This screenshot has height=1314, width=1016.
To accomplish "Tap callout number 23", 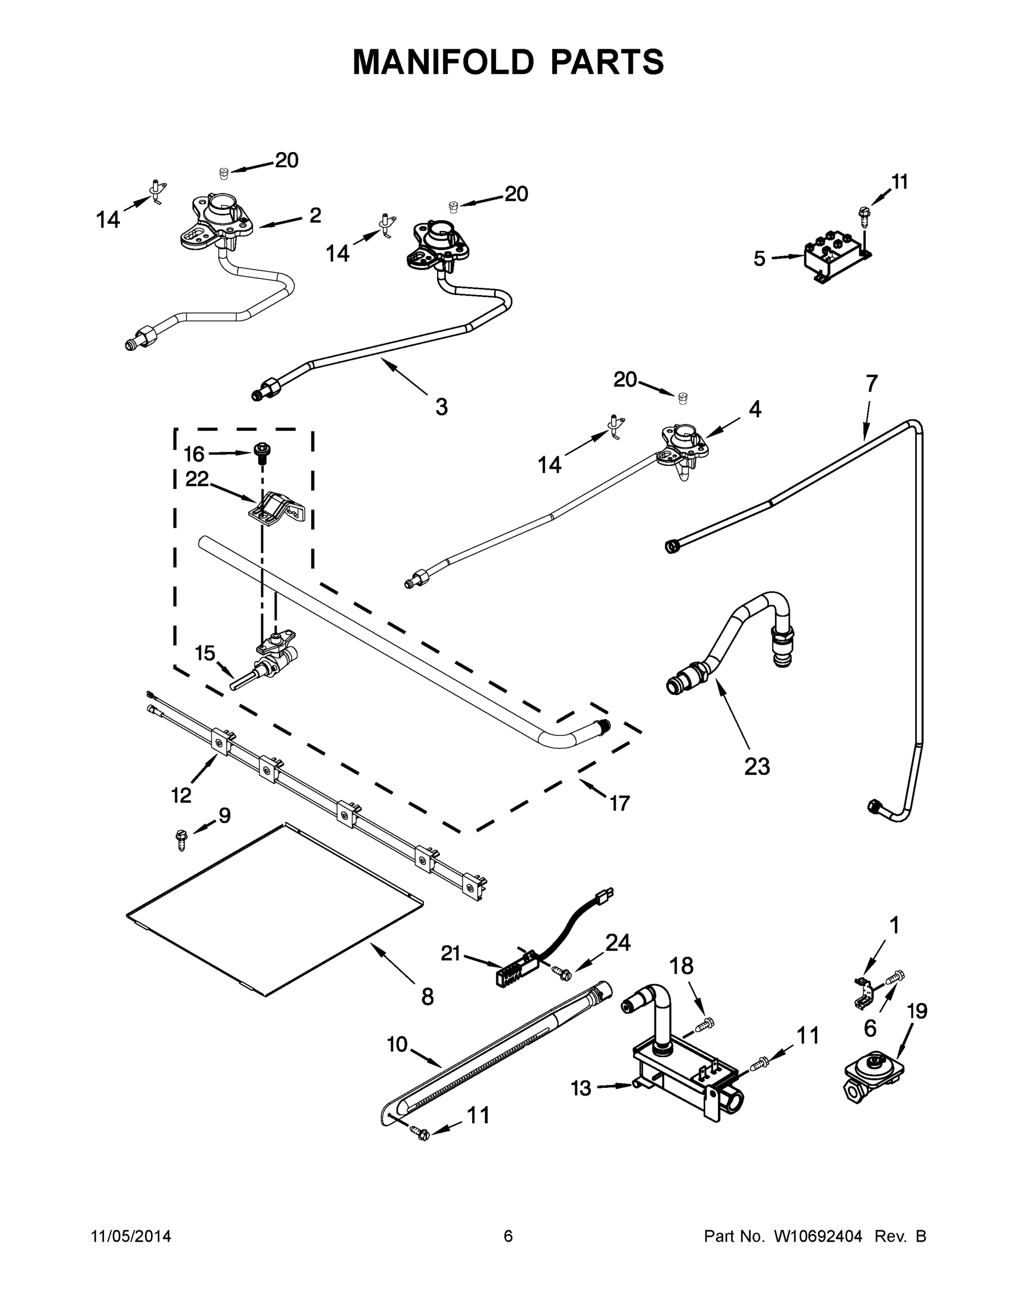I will pyautogui.click(x=756, y=766).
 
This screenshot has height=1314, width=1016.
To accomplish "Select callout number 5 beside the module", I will pyautogui.click(x=759, y=259).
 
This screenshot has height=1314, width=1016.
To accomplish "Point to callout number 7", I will pyautogui.click(x=871, y=383).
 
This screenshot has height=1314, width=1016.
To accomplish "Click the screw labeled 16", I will pyautogui.click(x=261, y=453).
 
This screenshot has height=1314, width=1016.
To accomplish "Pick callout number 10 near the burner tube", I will pyautogui.click(x=397, y=1044).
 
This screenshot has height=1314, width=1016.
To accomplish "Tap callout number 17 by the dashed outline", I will pyautogui.click(x=619, y=803).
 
